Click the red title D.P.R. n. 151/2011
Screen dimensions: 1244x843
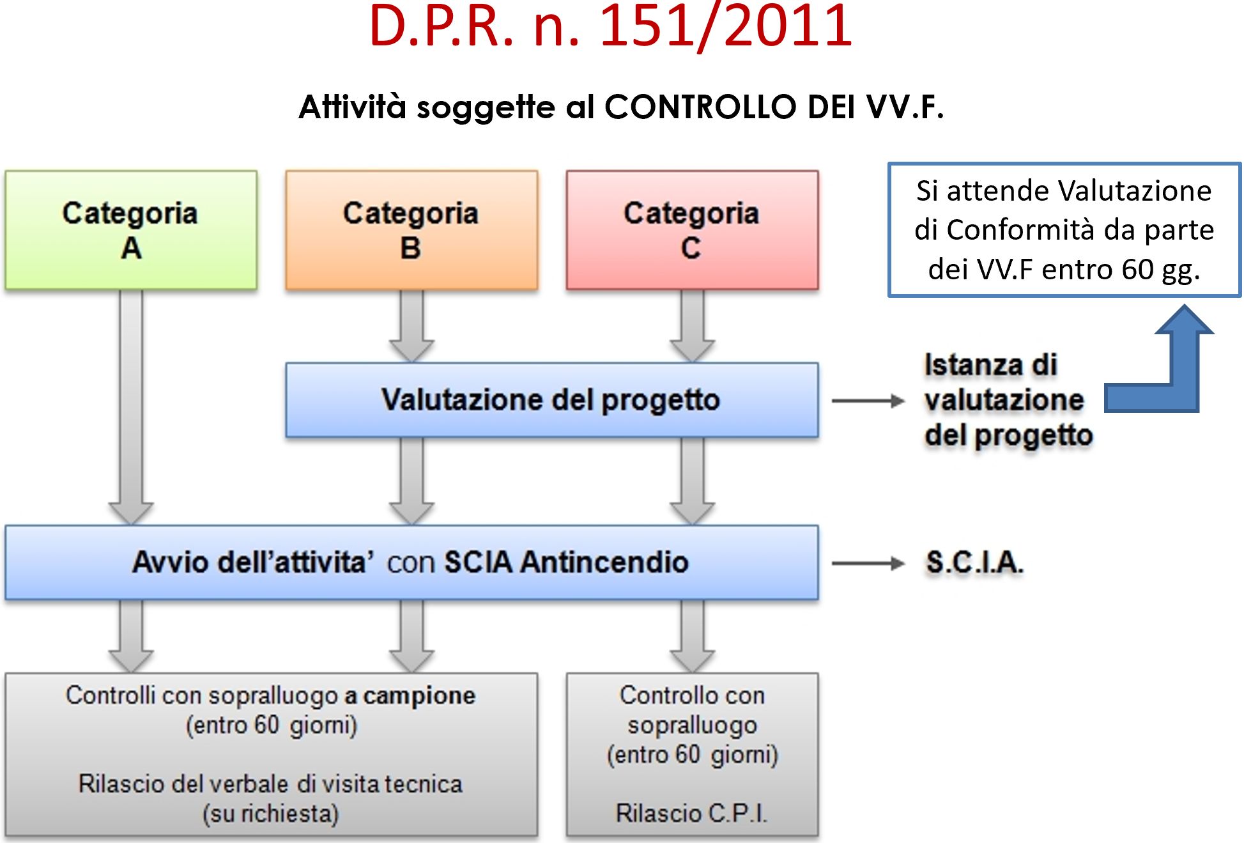pyautogui.click(x=610, y=26)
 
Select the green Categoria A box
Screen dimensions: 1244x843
pyautogui.click(x=131, y=230)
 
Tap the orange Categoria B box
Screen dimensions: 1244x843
pyautogui.click(x=411, y=230)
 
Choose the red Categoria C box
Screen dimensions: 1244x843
pyautogui.click(x=692, y=230)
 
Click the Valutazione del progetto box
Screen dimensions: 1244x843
pyautogui.click(x=552, y=400)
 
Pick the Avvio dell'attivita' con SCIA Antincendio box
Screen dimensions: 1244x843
pyautogui.click(x=411, y=562)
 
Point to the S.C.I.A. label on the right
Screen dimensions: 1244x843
pyautogui.click(x=975, y=563)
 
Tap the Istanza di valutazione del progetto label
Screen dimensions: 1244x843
pyautogui.click(x=1008, y=400)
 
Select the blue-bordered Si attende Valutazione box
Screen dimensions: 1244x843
pyautogui.click(x=1064, y=230)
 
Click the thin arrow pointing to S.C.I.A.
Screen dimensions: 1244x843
pyautogui.click(x=868, y=563)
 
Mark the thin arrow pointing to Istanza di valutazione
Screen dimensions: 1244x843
pyautogui.click(x=868, y=401)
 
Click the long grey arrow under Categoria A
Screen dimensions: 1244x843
pyautogui.click(x=131, y=407)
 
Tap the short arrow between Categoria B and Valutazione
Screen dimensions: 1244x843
pyautogui.click(x=411, y=326)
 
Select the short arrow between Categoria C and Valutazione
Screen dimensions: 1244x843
pyautogui.click(x=692, y=326)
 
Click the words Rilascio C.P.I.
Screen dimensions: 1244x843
pyautogui.click(x=691, y=814)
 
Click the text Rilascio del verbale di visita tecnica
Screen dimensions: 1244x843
pyautogui.click(x=270, y=784)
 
